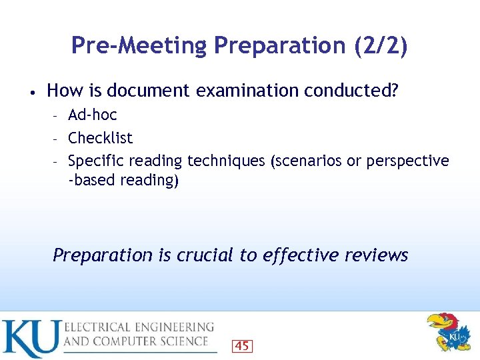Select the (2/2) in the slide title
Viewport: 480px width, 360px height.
point(377,45)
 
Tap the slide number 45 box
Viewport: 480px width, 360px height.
point(242,345)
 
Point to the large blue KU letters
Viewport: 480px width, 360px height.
point(30,338)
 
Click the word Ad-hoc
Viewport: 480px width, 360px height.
point(93,115)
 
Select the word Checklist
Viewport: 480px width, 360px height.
point(101,138)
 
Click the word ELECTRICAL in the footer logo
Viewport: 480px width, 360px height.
point(97,327)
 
